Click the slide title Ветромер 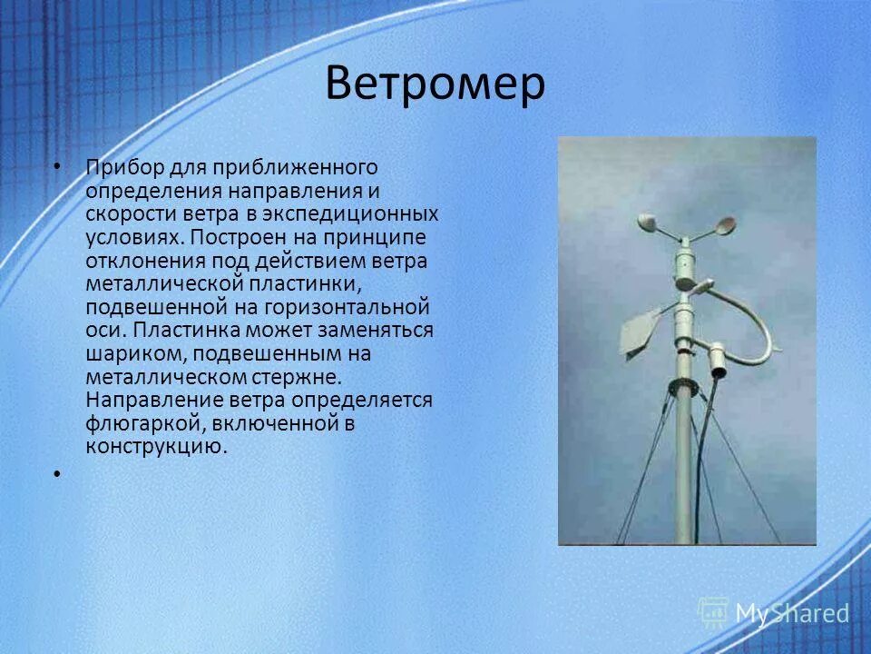click(435, 84)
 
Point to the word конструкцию click(154, 447)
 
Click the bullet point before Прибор click(56, 167)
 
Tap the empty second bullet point click(56, 473)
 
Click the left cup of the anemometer click(650, 223)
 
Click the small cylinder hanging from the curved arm click(717, 360)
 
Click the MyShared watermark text click(791, 613)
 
